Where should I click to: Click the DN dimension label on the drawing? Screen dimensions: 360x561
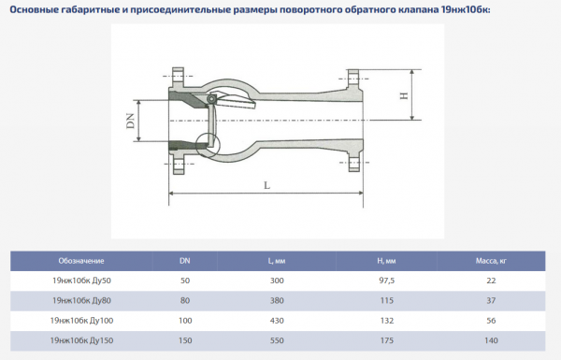click(x=131, y=121)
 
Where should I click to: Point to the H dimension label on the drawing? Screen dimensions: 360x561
click(x=405, y=95)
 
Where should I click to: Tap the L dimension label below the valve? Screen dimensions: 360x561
click(x=266, y=185)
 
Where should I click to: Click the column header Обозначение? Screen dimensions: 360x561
click(x=80, y=260)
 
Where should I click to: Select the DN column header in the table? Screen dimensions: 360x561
click(x=184, y=260)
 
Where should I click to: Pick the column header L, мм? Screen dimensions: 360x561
click(x=276, y=260)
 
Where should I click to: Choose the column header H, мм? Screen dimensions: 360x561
click(x=384, y=260)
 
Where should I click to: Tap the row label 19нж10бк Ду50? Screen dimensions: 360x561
click(x=80, y=281)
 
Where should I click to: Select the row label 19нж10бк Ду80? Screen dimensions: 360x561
click(x=80, y=300)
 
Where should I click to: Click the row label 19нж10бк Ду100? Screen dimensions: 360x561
click(x=80, y=321)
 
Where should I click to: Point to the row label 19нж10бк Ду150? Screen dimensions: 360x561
click(x=80, y=340)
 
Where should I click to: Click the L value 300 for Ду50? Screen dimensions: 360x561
click(x=276, y=281)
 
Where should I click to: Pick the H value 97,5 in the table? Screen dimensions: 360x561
click(x=384, y=281)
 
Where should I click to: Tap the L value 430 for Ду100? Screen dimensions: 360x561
click(x=276, y=321)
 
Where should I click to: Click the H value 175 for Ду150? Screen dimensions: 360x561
click(x=384, y=340)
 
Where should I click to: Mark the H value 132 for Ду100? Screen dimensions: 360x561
click(x=384, y=321)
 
